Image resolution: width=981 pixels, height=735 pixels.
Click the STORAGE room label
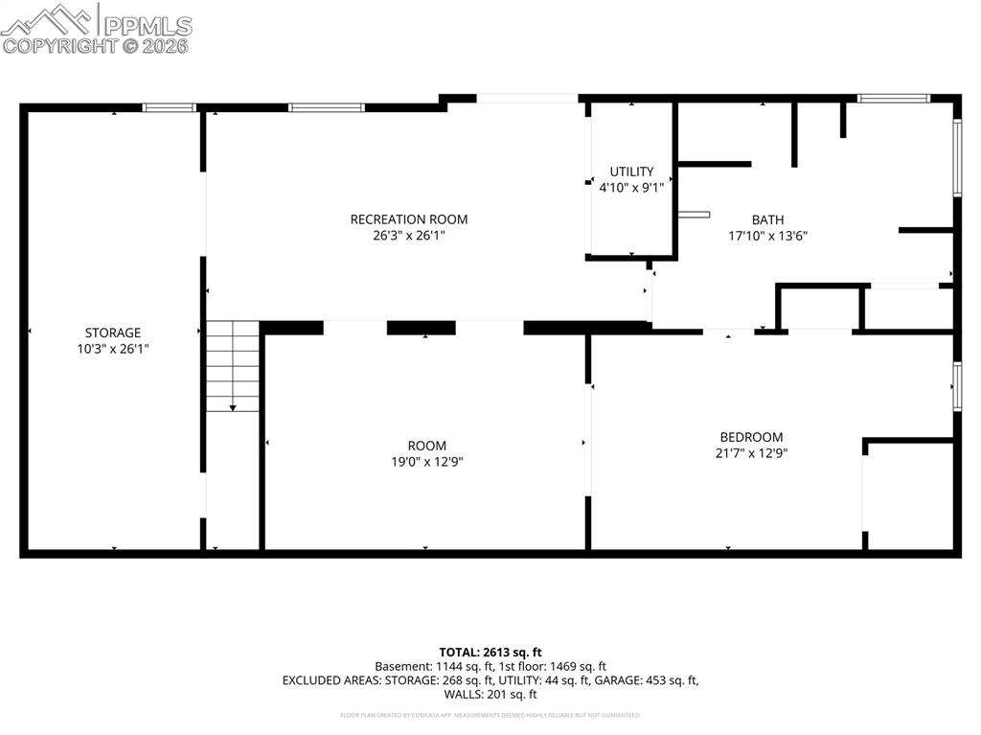tap(112, 333)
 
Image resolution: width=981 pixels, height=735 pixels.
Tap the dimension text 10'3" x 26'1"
tap(112, 350)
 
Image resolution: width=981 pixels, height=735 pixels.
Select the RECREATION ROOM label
tap(409, 219)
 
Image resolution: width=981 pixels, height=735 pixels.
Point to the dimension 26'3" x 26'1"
tap(409, 235)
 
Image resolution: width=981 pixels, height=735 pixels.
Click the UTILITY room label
tap(631, 172)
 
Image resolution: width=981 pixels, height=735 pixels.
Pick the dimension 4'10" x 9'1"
tap(631, 188)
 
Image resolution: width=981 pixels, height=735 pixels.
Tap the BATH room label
tap(767, 219)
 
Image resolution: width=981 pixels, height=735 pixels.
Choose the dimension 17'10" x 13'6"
tap(767, 235)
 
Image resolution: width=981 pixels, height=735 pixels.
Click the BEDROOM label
tap(751, 437)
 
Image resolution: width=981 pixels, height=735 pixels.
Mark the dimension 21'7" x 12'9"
tap(751, 453)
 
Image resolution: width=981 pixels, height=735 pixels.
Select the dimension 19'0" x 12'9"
tap(426, 461)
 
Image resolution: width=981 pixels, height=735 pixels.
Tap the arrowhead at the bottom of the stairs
tap(233, 408)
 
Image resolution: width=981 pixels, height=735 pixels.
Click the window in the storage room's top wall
tap(170, 107)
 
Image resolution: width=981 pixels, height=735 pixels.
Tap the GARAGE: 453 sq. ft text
tap(652, 680)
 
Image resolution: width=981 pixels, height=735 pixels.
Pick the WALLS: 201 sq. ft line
tap(490, 695)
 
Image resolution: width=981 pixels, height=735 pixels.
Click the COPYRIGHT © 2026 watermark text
tap(96, 45)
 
